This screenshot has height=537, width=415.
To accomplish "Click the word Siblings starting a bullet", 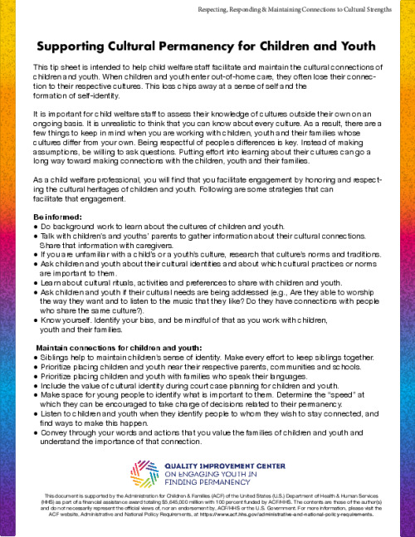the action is (56, 357).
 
